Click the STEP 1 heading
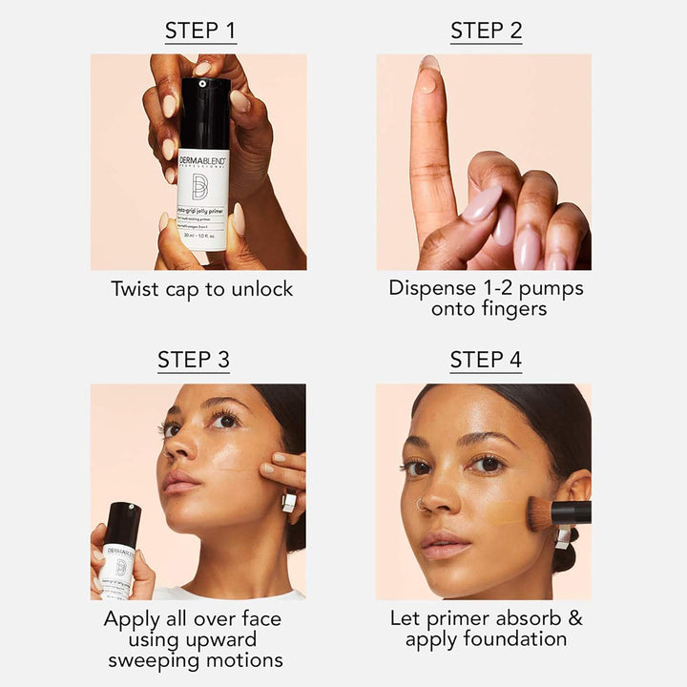[200, 31]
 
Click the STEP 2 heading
[486, 31]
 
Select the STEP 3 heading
[200, 360]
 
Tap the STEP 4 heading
[486, 360]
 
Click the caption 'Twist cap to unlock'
[201, 289]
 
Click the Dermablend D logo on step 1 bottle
[200, 186]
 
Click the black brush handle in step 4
[572, 512]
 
